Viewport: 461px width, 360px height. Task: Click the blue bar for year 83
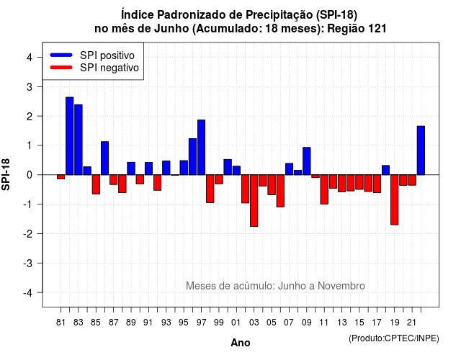point(79,140)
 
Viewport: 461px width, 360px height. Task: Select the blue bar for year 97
point(202,147)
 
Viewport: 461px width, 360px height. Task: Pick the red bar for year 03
point(254,201)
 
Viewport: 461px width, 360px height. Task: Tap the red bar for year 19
point(395,200)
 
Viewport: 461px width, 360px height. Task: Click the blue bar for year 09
point(307,161)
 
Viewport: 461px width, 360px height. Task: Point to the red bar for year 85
point(96,184)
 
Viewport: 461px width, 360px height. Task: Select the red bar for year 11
point(324,189)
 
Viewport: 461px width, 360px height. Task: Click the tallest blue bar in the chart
point(70,136)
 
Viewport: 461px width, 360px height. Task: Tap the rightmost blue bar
point(421,150)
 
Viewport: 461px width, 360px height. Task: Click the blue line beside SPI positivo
point(61,55)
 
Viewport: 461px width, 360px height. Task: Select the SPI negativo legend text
point(109,68)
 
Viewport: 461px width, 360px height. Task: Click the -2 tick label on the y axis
point(28,234)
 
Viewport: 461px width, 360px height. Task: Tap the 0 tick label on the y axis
point(30,175)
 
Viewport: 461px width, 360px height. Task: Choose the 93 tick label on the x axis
point(166,323)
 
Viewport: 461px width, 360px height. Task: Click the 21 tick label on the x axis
point(412,323)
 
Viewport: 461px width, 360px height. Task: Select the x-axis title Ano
point(241,343)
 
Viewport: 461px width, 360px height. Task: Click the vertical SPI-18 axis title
point(6,174)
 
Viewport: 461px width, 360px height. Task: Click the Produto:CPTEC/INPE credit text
point(394,338)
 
